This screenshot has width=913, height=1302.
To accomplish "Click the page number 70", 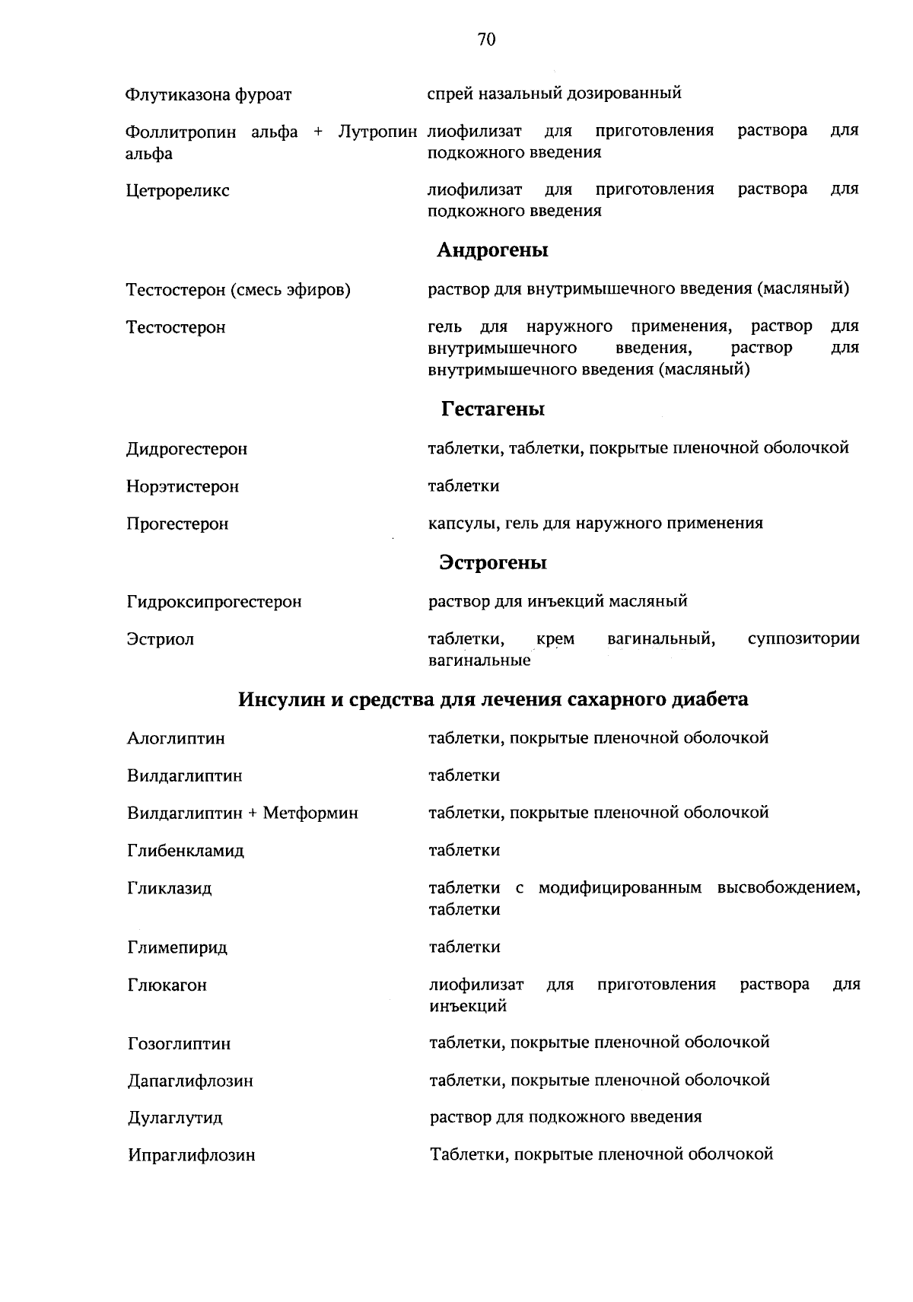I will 487,40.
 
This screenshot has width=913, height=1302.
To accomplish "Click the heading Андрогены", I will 492,250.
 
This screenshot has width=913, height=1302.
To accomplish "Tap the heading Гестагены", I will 492,409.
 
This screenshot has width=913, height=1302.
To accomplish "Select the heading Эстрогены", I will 492,563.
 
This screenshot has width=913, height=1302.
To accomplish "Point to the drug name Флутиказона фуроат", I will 208,96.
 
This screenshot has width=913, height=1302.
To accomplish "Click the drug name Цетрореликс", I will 177,191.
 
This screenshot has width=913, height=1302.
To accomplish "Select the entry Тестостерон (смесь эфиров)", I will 238,290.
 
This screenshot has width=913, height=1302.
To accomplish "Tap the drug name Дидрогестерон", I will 186,449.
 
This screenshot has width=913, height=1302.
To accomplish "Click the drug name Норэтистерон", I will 183,487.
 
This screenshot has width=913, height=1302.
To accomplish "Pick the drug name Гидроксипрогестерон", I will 214,603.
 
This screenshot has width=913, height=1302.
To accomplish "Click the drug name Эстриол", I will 160,640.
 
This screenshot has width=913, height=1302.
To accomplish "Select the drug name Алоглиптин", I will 176,739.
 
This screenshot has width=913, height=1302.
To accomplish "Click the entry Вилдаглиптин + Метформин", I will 242,813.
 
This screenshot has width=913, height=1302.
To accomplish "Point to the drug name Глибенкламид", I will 185,852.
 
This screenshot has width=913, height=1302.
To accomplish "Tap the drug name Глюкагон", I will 167,985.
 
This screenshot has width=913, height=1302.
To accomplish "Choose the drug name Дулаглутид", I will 175,1119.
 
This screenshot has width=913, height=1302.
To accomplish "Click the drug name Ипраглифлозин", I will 191,1156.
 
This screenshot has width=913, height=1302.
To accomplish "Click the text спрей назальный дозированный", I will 554,94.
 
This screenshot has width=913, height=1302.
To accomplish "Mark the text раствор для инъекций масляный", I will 558,602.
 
